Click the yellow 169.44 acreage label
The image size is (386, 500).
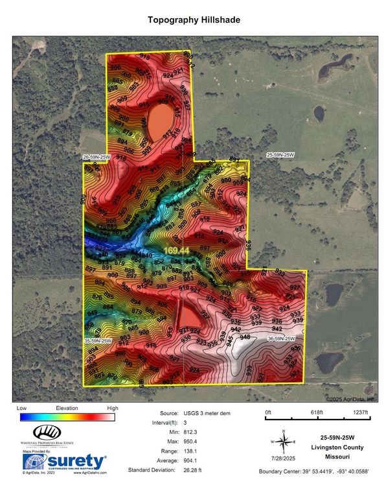pyautogui.click(x=176, y=250)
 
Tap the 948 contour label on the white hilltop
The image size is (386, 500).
pyautogui.click(x=245, y=337)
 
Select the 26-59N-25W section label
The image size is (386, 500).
pyautogui.click(x=96, y=157)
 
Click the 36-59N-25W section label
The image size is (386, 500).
pyautogui.click(x=282, y=339)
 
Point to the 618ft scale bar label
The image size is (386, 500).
pyautogui.click(x=316, y=412)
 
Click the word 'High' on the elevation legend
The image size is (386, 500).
pyautogui.click(x=113, y=409)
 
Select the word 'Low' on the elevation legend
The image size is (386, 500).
pyautogui.click(x=23, y=409)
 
